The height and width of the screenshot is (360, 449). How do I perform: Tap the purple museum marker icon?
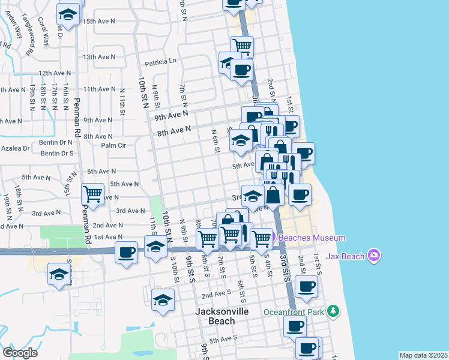[x=271, y=238]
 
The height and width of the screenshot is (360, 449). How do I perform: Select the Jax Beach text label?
[x=346, y=256]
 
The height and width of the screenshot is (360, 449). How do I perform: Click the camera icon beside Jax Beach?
[x=375, y=256]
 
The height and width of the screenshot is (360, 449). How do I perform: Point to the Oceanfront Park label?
[x=294, y=312]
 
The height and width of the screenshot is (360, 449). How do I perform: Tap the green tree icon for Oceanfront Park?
[x=332, y=311]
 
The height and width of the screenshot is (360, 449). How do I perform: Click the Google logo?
[x=20, y=353]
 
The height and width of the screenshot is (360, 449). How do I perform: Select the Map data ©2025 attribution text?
[x=423, y=355]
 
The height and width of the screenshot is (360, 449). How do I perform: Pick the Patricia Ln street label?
[x=160, y=61]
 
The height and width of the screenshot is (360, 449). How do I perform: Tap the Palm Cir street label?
[x=113, y=145]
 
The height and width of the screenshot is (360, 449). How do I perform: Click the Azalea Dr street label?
[x=15, y=148]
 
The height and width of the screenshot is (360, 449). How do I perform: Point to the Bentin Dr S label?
[x=57, y=153]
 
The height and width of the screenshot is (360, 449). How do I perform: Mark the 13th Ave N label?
[x=99, y=57]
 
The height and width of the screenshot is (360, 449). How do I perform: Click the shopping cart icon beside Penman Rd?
[x=92, y=193]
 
